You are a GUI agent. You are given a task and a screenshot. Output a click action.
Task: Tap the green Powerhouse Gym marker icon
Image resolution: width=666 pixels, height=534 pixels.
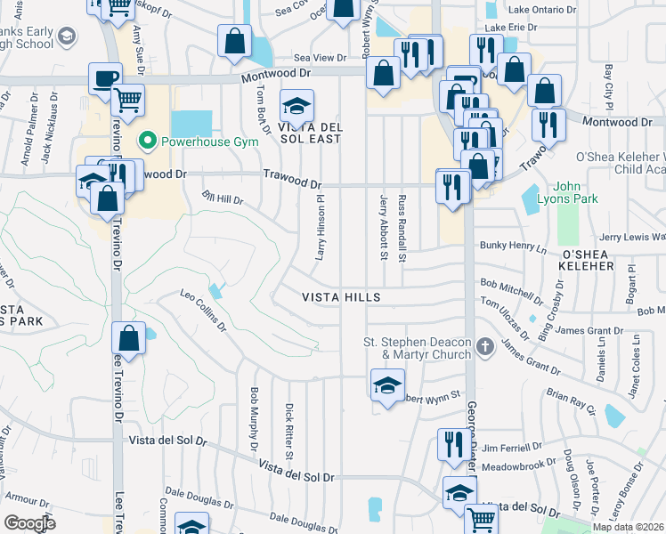[147, 142]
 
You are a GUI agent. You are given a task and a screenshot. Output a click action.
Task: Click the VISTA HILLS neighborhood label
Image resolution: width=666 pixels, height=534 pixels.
[341, 297]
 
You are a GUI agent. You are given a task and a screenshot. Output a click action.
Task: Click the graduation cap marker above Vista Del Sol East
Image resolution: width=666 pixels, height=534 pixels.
[296, 107]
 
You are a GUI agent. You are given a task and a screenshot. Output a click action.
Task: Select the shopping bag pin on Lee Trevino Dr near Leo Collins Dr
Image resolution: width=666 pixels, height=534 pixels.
[129, 339]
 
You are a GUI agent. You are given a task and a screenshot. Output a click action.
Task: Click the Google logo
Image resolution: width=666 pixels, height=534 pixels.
[29, 522]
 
